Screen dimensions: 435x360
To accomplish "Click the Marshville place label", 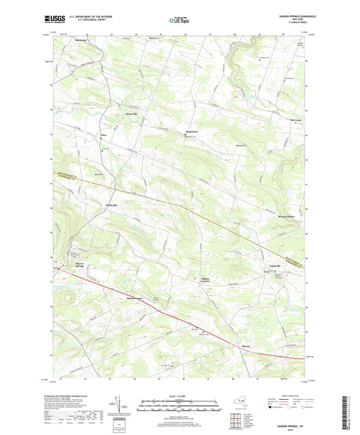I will point(80,41).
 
